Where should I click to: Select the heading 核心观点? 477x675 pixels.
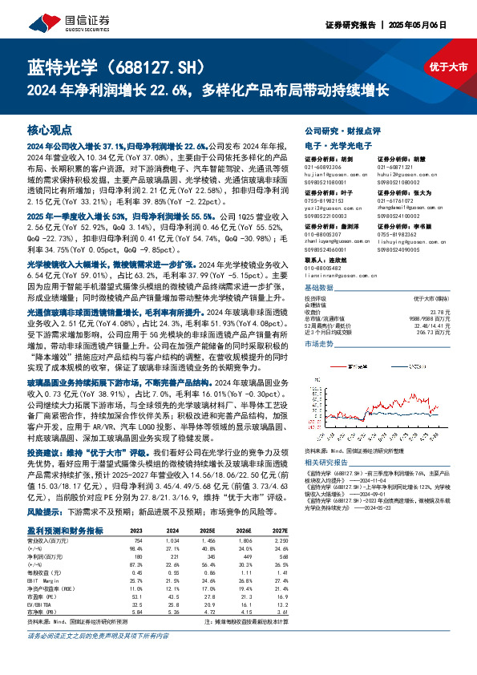[x=50, y=129]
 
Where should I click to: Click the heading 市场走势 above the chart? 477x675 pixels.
[x=319, y=342]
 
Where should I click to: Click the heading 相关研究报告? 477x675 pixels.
[x=329, y=463]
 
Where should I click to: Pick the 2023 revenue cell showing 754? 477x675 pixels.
[x=136, y=540]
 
